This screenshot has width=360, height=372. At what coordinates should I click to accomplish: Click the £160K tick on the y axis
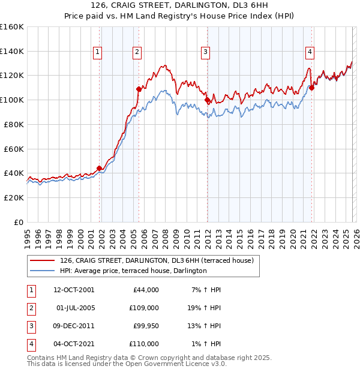tap(12, 27)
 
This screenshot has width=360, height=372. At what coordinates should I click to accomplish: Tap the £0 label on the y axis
tap(19, 222)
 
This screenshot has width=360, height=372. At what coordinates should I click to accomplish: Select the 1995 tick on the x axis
tap(27, 235)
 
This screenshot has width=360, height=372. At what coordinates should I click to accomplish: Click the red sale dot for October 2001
tap(99, 168)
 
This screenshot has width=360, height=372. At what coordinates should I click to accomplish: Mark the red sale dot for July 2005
tap(139, 89)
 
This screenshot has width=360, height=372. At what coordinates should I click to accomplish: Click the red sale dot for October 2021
tap(311, 88)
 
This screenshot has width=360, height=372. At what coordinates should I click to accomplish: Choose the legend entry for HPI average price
tap(133, 271)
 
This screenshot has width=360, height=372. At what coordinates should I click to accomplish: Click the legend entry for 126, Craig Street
tap(157, 260)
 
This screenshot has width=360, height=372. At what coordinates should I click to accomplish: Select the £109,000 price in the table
tap(145, 307)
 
